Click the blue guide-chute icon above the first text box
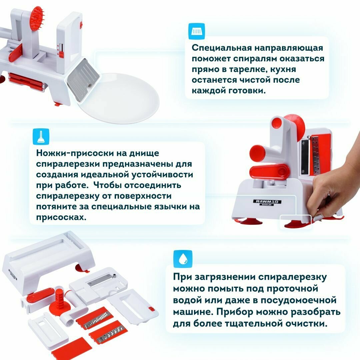[196, 31]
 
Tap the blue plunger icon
[41, 137]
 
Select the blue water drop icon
[183, 259]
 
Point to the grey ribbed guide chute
[83, 79]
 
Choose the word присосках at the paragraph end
[61, 217]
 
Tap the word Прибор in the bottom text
[235, 312]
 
